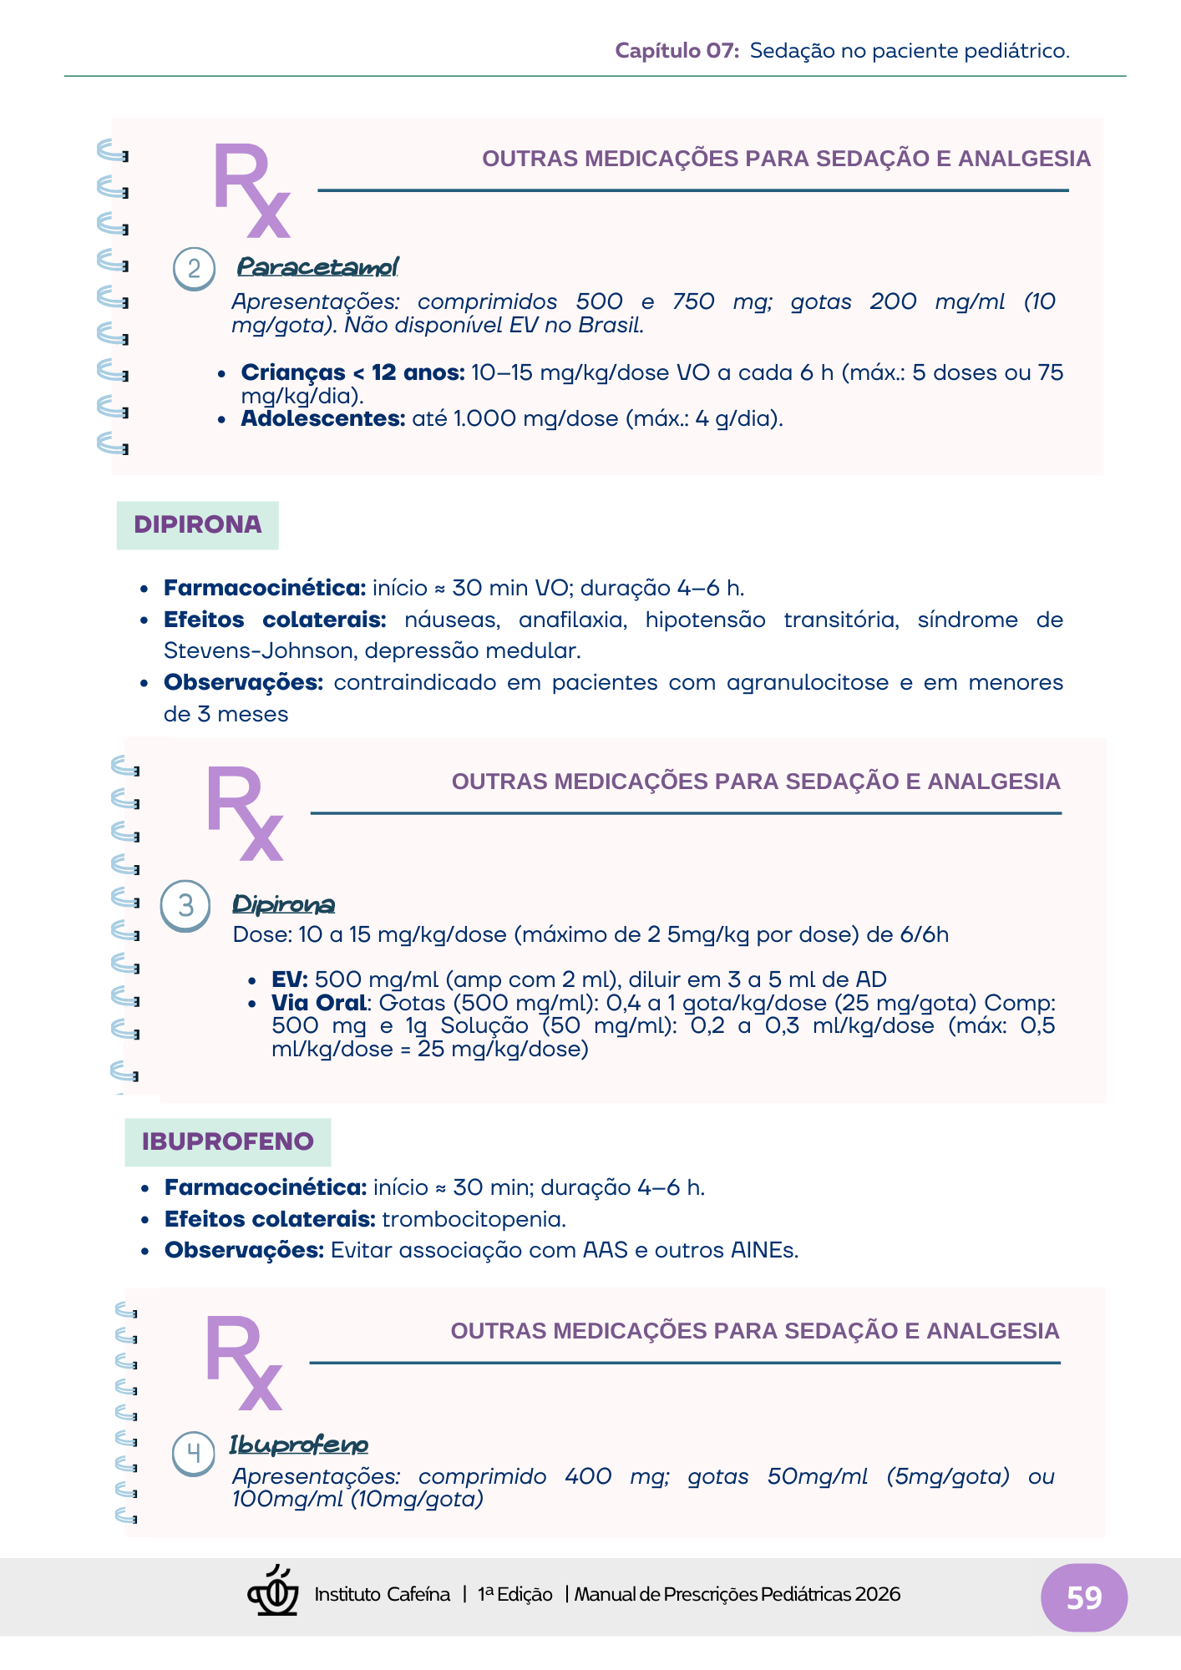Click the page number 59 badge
pos(1083,1597)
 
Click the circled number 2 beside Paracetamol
pos(194,269)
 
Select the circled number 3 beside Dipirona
pos(185,906)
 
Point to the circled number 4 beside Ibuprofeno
pos(193,1454)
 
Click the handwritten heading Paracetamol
pos(317,267)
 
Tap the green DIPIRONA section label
pos(197,524)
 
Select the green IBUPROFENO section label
pos(227,1141)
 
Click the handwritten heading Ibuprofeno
pos(299,1445)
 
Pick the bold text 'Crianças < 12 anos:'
pos(352,372)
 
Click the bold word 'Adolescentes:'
pos(323,418)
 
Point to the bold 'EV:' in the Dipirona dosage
pos(290,979)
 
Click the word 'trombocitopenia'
pos(474,1219)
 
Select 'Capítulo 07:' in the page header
pos(677,51)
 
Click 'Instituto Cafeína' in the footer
pos(382,1594)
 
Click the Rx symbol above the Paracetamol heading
pos(251,190)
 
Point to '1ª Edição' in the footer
pos(514,1594)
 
